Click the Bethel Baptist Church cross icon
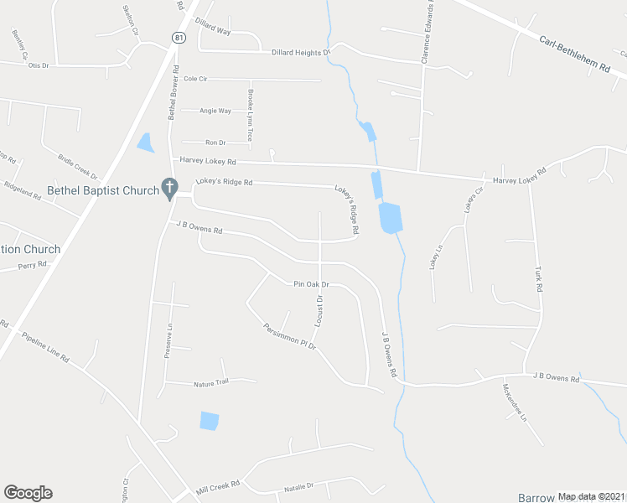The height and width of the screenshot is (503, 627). pos(168,188)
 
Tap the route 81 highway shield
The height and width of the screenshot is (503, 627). pos(177,38)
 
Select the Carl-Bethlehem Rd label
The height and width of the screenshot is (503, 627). pos(573,54)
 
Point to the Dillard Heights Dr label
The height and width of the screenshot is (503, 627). pos(301,53)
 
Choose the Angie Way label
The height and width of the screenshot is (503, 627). pos(215,111)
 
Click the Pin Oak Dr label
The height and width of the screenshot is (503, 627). pos(310,285)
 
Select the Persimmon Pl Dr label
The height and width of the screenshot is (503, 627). pos(288,336)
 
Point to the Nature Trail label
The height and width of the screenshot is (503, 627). pos(211,382)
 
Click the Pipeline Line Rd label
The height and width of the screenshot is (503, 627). pos(46,345)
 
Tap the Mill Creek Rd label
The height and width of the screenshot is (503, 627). pos(218,485)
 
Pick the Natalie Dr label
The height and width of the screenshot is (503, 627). pos(298,485)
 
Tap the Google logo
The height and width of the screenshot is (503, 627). pos(28,493)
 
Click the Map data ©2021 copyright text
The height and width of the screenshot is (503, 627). pos(590,496)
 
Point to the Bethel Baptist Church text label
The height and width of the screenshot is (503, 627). pos(103,190)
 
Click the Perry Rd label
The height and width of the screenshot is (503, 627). pos(33,266)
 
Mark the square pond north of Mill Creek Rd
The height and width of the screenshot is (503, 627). pos(210,421)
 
